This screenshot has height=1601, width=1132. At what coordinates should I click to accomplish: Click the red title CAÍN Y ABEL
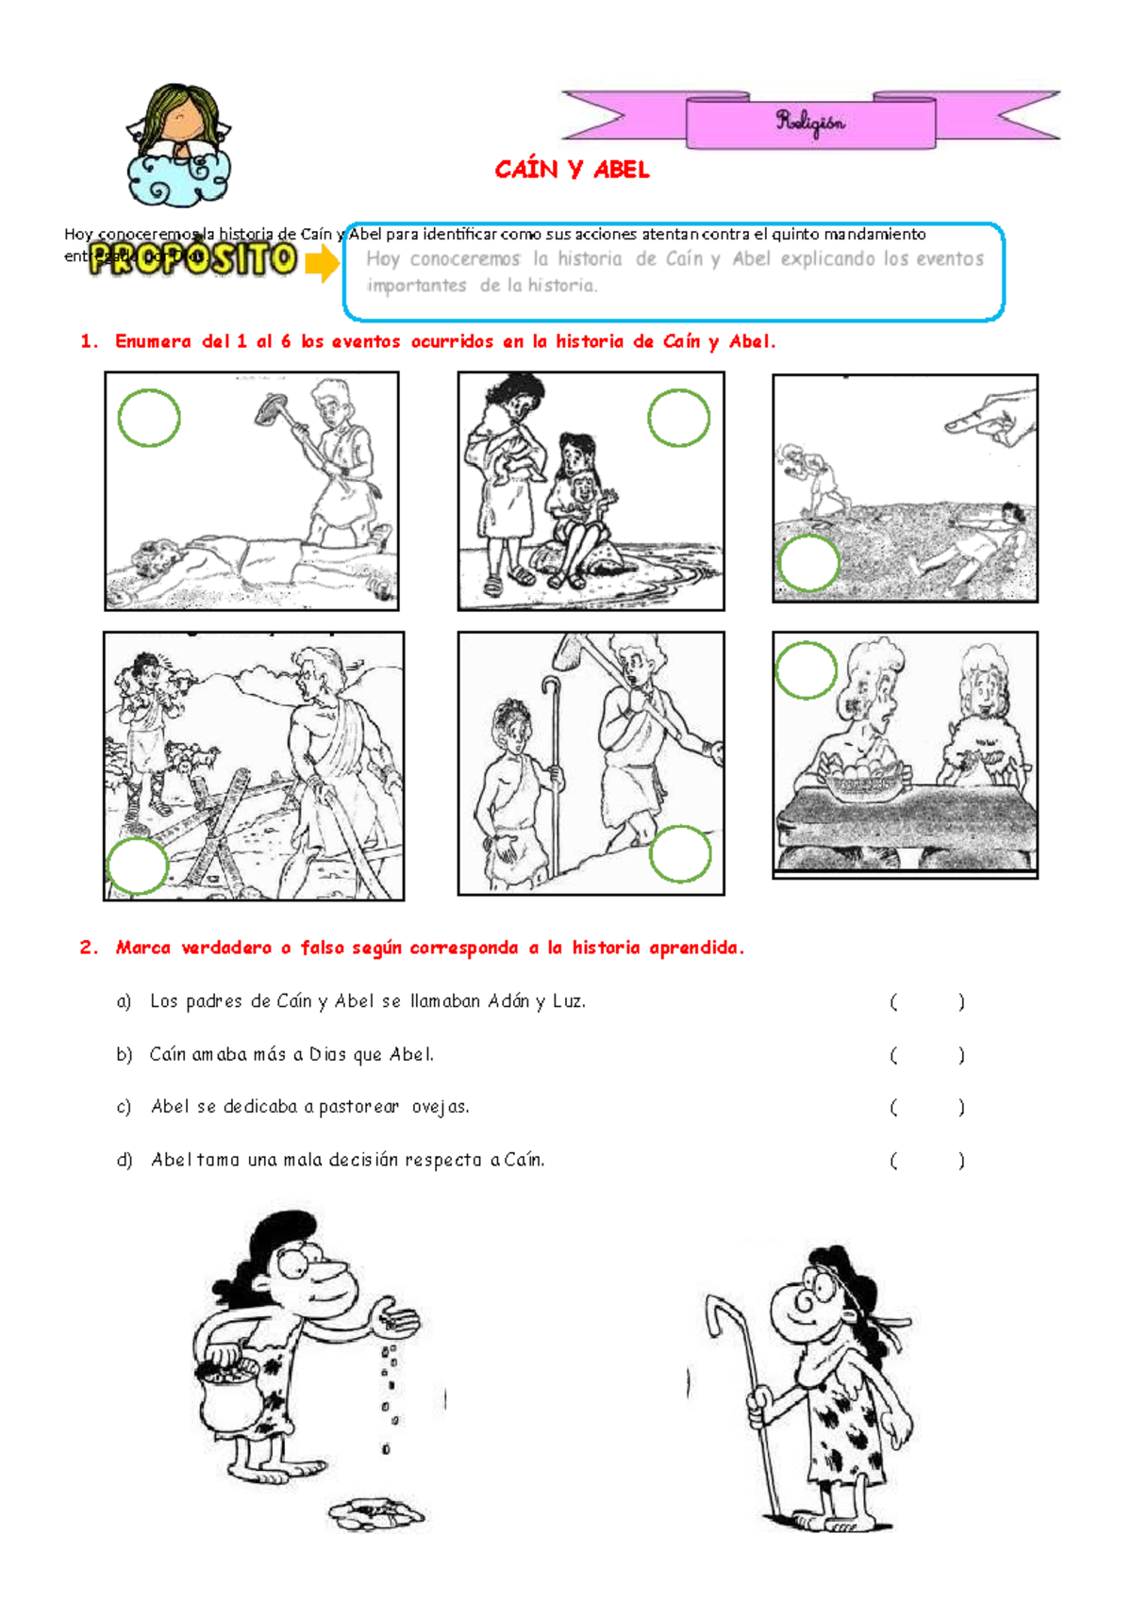coord(572,170)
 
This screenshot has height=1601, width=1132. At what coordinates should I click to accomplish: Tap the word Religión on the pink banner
coord(810,122)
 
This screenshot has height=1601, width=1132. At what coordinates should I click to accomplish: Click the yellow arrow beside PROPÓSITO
coord(323,262)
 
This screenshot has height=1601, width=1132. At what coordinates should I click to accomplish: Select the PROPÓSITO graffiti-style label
coord(193,259)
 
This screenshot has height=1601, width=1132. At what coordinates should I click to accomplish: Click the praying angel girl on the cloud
coord(179,146)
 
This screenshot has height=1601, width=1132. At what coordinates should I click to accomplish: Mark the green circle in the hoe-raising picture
coord(149,418)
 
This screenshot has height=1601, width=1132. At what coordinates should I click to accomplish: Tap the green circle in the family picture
coord(678,418)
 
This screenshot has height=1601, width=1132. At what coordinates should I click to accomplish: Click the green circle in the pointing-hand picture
coord(808,563)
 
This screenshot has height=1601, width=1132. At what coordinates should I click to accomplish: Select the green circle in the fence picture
coord(138,866)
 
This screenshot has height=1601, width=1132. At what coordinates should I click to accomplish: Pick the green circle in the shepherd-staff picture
coord(680,854)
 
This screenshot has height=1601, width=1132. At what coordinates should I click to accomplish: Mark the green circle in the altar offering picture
coord(806,670)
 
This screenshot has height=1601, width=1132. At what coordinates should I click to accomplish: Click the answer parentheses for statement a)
coord(926,1002)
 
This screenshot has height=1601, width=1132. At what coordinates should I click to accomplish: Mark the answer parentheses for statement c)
coord(926,1108)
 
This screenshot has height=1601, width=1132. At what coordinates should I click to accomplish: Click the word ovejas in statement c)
coord(440,1107)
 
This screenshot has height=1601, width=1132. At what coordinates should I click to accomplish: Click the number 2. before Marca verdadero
coord(89,949)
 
